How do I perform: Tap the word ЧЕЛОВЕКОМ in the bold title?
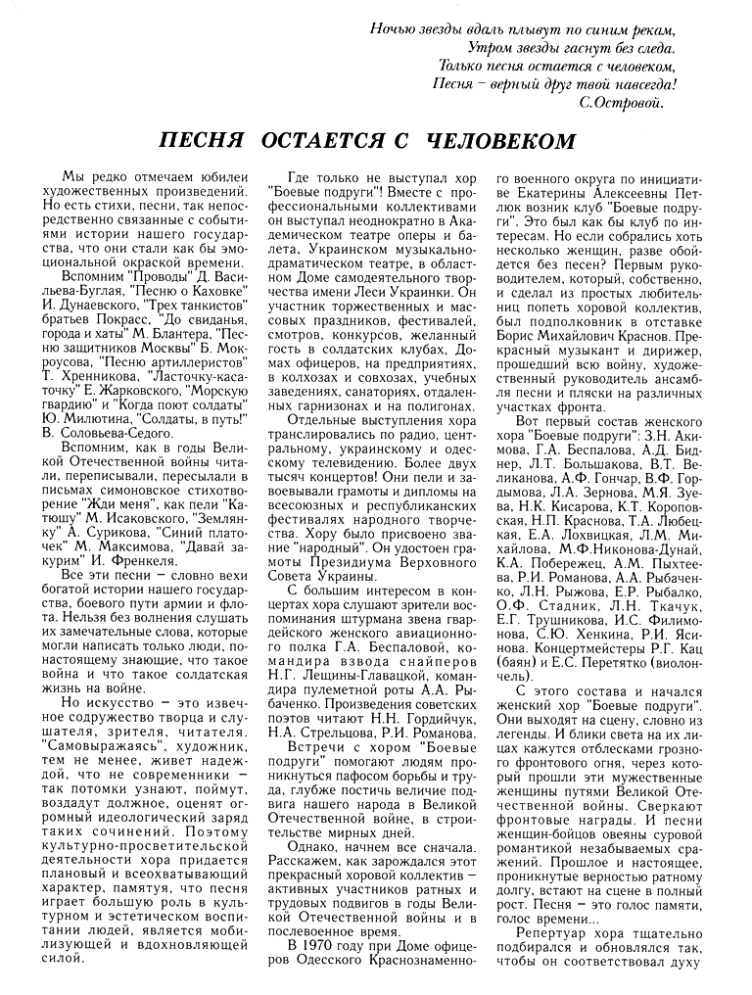(x=499, y=141)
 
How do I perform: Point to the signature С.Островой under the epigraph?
(x=622, y=101)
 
